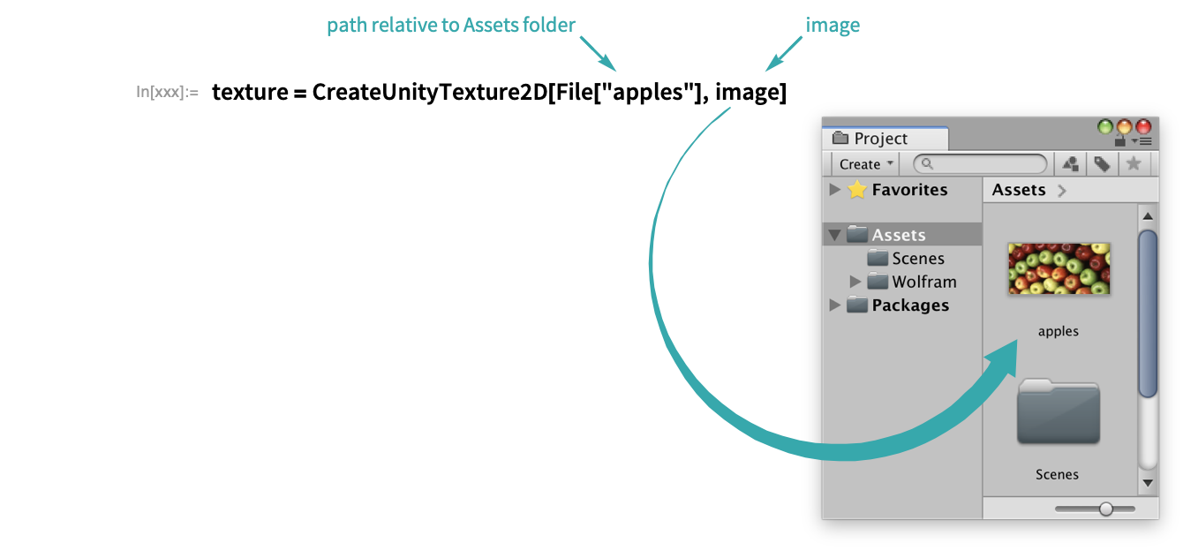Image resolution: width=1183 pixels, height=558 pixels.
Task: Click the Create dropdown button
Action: click(x=866, y=164)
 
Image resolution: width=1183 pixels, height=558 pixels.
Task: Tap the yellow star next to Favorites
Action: click(x=856, y=190)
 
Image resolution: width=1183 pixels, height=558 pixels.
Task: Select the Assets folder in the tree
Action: click(x=898, y=235)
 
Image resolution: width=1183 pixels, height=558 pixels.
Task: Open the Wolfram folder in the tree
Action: click(x=923, y=282)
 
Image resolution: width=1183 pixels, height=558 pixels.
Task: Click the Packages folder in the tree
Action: click(x=909, y=305)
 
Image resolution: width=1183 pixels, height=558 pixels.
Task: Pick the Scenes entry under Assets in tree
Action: click(x=917, y=259)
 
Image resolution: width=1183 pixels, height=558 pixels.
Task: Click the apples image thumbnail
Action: click(x=1059, y=268)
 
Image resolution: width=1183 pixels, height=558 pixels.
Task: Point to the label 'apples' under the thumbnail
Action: click(x=1058, y=332)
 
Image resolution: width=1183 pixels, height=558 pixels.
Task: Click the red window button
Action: click(x=1143, y=127)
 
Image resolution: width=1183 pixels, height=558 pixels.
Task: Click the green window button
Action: click(x=1105, y=127)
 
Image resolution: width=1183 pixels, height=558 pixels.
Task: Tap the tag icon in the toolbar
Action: click(x=1102, y=164)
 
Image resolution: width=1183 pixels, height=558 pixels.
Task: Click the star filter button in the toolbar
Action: click(x=1134, y=164)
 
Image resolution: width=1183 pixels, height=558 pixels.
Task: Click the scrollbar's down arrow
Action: click(x=1148, y=483)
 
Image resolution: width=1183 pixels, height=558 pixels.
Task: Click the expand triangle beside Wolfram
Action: click(x=855, y=282)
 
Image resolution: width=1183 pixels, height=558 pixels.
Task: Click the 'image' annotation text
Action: click(x=833, y=26)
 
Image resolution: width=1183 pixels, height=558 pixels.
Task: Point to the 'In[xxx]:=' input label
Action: click(x=167, y=92)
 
